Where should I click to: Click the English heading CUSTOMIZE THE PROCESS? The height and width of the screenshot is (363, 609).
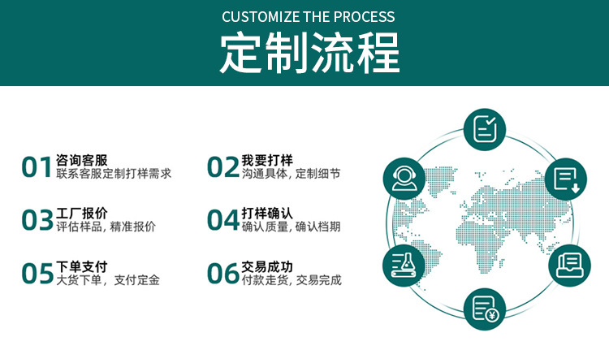(x=309, y=16)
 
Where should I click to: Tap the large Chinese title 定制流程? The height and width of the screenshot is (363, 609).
(x=309, y=53)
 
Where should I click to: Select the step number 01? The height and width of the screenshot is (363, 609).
(x=37, y=166)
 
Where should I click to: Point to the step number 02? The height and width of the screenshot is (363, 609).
(x=222, y=166)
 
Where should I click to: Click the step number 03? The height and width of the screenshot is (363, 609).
(x=37, y=220)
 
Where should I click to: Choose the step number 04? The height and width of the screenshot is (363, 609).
(x=222, y=220)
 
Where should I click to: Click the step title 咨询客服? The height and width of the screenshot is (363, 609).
(x=82, y=159)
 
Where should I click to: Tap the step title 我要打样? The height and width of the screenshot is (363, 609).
(x=267, y=159)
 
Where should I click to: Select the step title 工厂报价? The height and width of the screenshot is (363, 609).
(x=82, y=213)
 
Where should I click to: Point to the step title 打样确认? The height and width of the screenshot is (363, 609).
(x=267, y=213)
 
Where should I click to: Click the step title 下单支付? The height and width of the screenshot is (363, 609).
(x=82, y=266)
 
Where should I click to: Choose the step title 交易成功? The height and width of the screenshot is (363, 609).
(x=267, y=266)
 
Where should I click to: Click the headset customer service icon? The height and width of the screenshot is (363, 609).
(x=404, y=177)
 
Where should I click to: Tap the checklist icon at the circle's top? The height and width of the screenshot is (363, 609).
(x=486, y=128)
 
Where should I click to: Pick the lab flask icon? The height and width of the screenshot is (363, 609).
(x=404, y=265)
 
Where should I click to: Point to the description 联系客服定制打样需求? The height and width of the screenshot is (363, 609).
(x=114, y=174)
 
